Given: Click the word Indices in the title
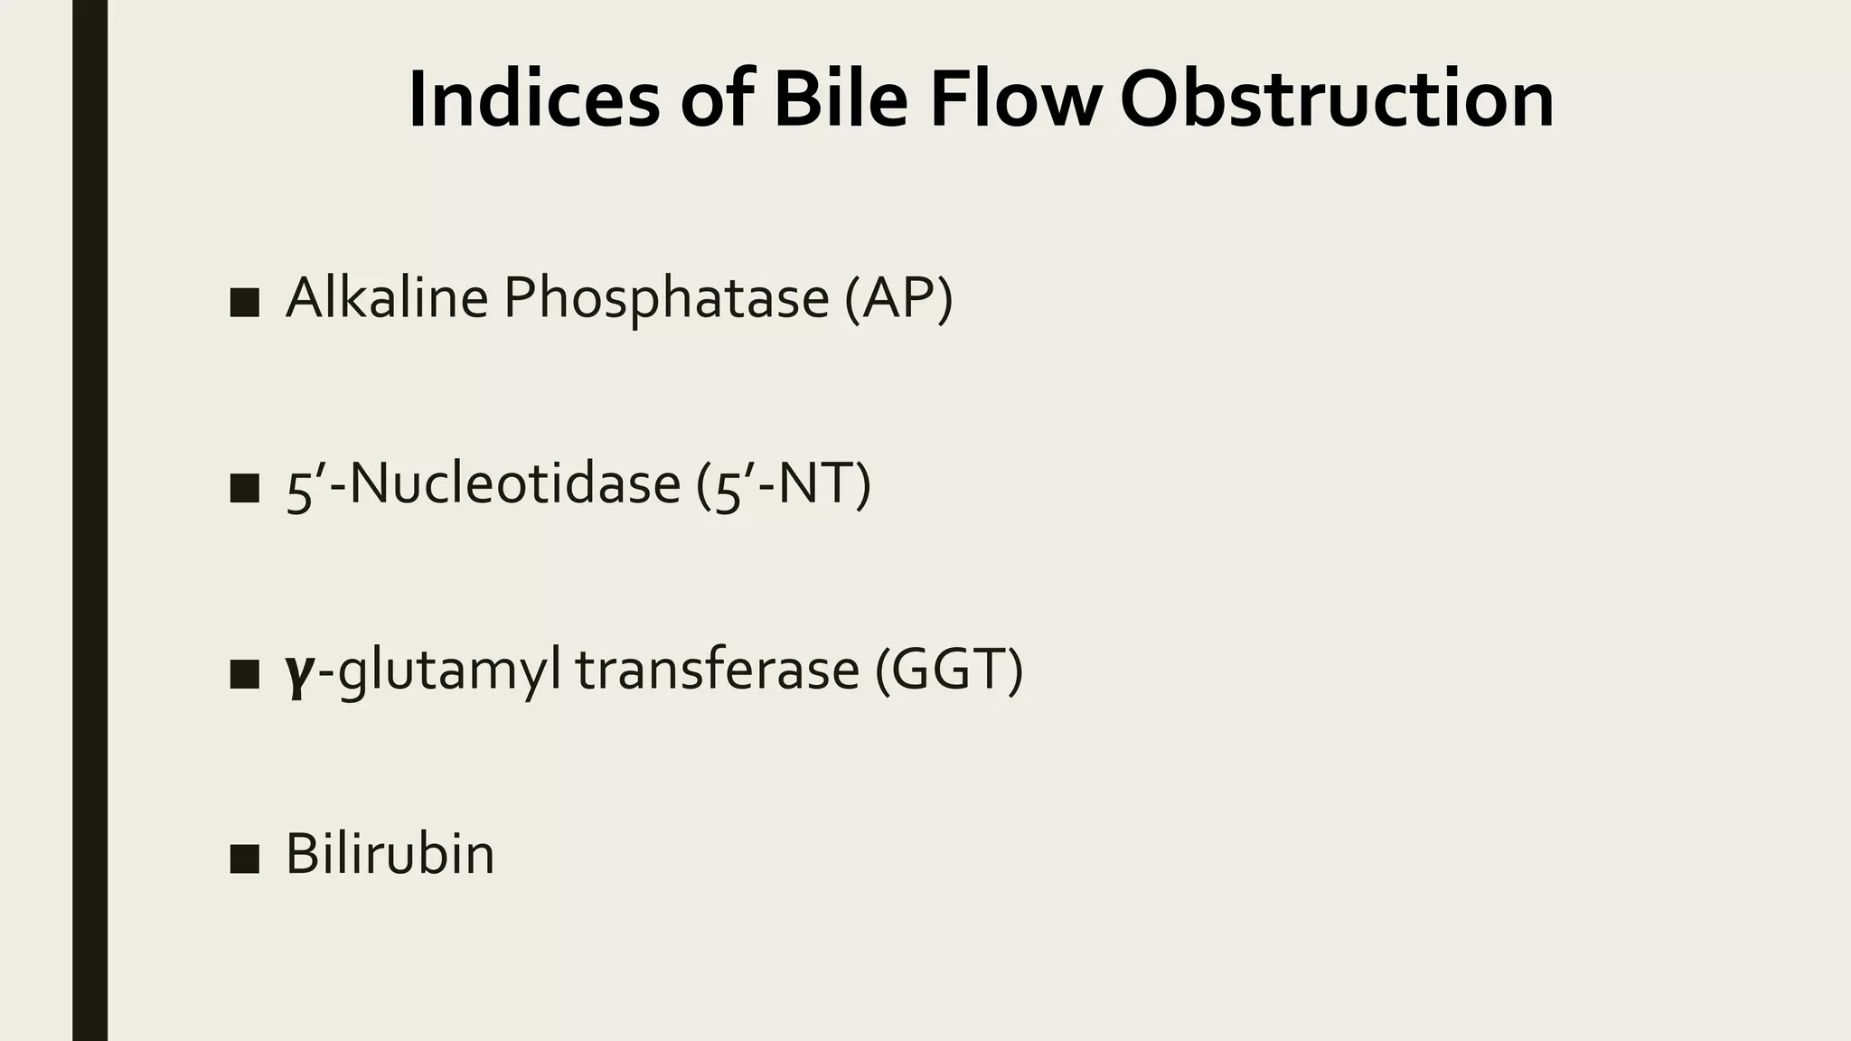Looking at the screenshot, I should (x=533, y=99).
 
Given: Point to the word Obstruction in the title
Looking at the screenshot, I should (x=1337, y=99).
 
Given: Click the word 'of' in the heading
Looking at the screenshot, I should (x=717, y=99).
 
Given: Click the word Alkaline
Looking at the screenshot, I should (x=387, y=298).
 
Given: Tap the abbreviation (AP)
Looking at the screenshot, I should (x=898, y=300).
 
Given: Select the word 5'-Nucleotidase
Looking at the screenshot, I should (x=483, y=484).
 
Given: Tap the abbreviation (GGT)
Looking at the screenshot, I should (x=949, y=671).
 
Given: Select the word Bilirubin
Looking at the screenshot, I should (x=390, y=854).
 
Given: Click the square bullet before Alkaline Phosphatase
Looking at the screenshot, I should (x=244, y=304).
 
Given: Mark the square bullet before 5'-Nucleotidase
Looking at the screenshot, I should (x=244, y=488).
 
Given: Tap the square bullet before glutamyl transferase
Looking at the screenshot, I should (x=244, y=674).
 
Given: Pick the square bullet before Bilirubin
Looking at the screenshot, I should (x=244, y=858).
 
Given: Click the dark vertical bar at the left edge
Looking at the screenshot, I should (x=89, y=520).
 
